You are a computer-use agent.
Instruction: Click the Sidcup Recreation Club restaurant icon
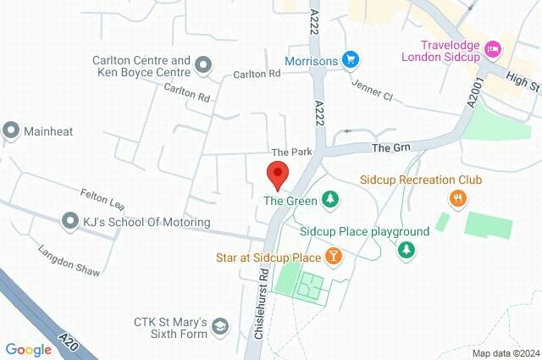[457, 198]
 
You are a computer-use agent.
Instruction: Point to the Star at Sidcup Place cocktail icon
[335, 256]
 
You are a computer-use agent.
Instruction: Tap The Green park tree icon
[331, 201]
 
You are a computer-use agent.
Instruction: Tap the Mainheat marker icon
[11, 130]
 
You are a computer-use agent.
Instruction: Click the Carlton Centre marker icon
[203, 64]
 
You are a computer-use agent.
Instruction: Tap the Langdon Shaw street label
[69, 261]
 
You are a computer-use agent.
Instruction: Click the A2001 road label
[473, 91]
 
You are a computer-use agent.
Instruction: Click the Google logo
[28, 350]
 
